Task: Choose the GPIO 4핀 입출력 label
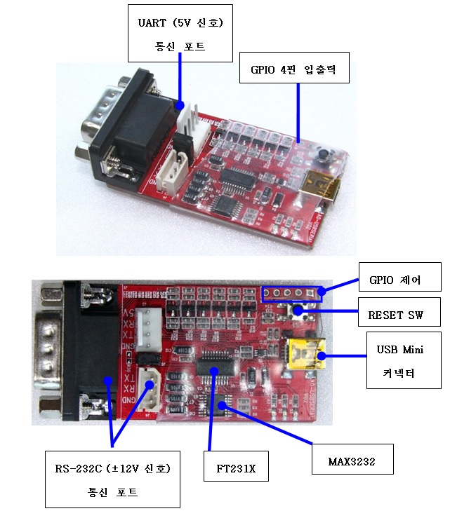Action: [x=293, y=69]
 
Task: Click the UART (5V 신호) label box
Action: [x=180, y=34]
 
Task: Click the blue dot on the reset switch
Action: [x=298, y=310]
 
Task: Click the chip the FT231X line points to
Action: [x=211, y=367]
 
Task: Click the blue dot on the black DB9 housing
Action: [x=107, y=381]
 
